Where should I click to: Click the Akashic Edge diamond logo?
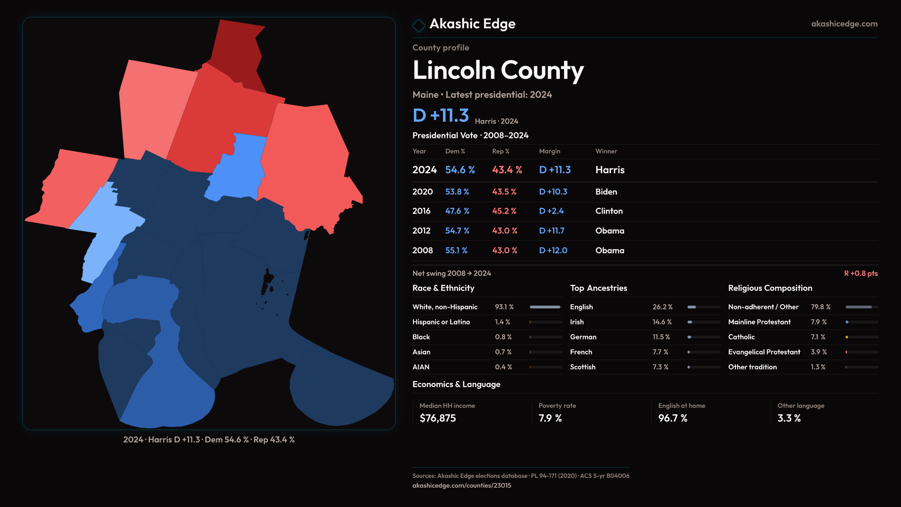418,25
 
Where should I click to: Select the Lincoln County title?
498,70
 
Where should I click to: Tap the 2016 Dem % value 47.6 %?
457,211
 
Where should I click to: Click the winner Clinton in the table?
609,211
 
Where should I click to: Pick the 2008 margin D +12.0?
553,251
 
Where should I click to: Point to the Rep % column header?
500,151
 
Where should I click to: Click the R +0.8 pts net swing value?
861,273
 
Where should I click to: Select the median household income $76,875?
437,418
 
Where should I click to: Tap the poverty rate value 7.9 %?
550,418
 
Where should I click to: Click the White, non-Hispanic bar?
545,307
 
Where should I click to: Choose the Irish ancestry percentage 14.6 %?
662,322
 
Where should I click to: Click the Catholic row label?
741,337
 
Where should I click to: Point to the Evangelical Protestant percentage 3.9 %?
818,352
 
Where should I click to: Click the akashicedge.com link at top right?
844,24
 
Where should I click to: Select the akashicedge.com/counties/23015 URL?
461,485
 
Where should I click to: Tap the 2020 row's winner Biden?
606,192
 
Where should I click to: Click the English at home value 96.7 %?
672,418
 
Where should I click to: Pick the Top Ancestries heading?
598,288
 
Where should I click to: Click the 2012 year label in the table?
421,231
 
